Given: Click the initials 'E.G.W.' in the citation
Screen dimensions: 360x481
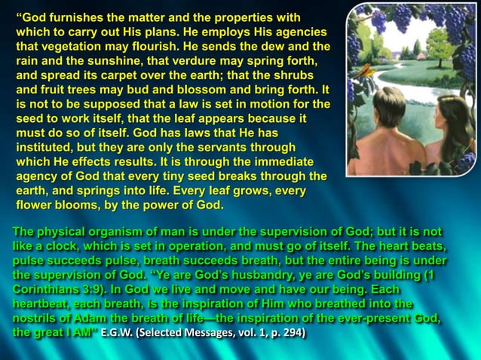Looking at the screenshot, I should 121,332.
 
